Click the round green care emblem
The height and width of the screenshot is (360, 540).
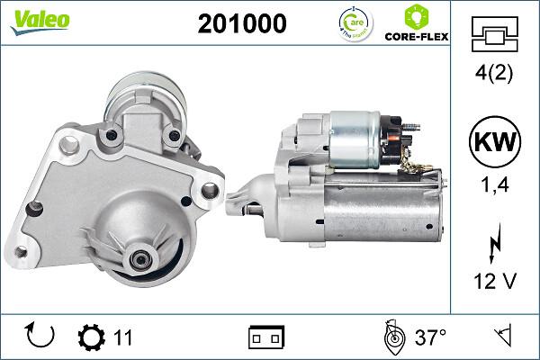click(352, 24)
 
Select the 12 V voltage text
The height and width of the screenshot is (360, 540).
click(493, 282)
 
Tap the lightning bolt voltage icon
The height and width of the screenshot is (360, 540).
click(493, 242)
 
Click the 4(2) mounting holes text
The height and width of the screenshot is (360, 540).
click(493, 75)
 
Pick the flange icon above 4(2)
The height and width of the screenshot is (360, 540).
click(493, 34)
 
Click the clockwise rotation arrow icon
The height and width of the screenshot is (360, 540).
click(40, 337)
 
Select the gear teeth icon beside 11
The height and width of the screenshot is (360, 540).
click(92, 338)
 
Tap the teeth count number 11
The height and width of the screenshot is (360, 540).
click(123, 338)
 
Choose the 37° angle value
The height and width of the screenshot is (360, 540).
click(431, 338)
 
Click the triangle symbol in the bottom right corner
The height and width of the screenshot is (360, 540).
click(500, 337)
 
